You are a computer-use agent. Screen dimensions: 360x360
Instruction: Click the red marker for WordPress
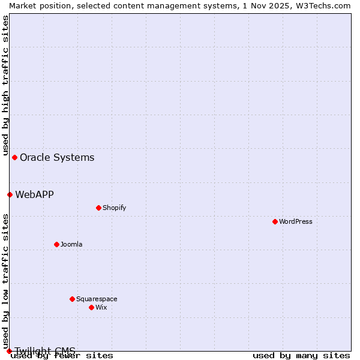pyautogui.click(x=275, y=221)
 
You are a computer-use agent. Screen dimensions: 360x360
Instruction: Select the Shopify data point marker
pyautogui.click(x=98, y=208)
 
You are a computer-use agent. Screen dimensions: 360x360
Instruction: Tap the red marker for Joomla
pyautogui.click(x=56, y=244)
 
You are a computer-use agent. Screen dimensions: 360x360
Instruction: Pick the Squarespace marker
pyautogui.click(x=72, y=299)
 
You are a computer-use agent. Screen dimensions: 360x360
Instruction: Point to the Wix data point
pyautogui.click(x=91, y=307)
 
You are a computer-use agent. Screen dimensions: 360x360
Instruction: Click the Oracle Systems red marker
pyautogui.click(x=14, y=157)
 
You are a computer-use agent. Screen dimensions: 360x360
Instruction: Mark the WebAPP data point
pyautogui.click(x=10, y=194)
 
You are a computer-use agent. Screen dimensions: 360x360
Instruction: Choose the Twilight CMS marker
pyautogui.click(x=9, y=351)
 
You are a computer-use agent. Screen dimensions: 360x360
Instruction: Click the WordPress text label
pyautogui.click(x=296, y=221)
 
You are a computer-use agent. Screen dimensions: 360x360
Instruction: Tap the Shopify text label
pyautogui.click(x=114, y=208)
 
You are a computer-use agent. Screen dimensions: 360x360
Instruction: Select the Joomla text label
pyautogui.click(x=71, y=244)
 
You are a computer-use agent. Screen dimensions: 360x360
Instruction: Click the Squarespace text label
pyautogui.click(x=97, y=299)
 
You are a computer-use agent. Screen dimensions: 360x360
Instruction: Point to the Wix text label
pyautogui.click(x=101, y=307)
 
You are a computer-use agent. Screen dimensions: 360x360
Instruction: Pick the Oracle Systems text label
pyautogui.click(x=57, y=157)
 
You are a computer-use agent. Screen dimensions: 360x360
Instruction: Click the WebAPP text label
pyautogui.click(x=34, y=194)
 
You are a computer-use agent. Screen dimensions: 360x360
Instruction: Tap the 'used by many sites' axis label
pyautogui.click(x=301, y=355)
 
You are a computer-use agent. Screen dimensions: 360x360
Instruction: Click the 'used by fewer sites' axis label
pyautogui.click(x=62, y=355)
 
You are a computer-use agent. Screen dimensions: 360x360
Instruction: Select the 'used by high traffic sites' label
pyautogui.click(x=5, y=86)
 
